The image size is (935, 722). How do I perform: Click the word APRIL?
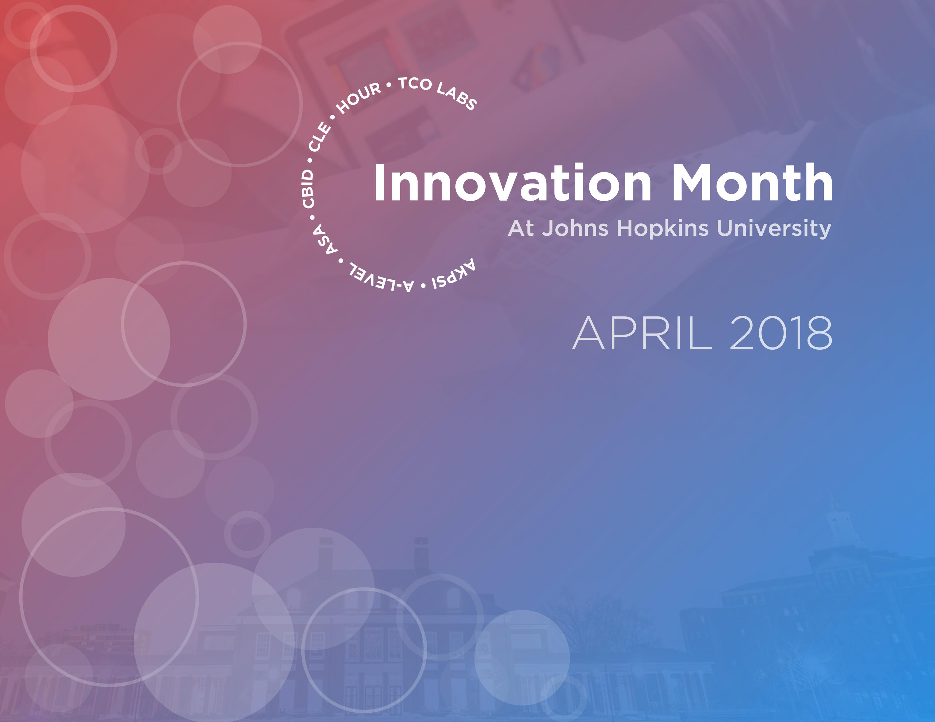pos(642,334)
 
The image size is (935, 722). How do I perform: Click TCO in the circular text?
pos(415,84)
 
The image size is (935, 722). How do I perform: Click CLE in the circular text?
pos(320,137)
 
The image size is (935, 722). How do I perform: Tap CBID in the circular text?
pos(308,189)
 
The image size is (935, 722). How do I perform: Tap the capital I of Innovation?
pos(379,182)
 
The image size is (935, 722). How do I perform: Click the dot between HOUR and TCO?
pos(389,85)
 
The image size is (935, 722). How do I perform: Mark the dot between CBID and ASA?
pos(312,217)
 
